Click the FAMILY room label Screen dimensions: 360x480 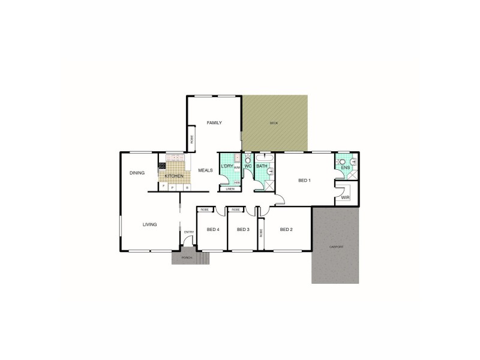click(x=214, y=122)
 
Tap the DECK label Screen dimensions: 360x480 click(x=274, y=123)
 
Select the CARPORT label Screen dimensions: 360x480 click(x=335, y=247)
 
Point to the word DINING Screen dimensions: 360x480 click(x=137, y=173)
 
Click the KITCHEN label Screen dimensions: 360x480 click(x=173, y=176)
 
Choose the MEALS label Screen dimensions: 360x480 click(x=206, y=170)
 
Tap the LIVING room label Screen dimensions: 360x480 click(x=149, y=225)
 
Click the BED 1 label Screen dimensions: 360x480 click(x=304, y=181)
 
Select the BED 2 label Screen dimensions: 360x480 click(x=286, y=229)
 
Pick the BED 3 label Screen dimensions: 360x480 click(x=242, y=229)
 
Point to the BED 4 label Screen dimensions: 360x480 click(x=212, y=229)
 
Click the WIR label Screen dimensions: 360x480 click(x=344, y=197)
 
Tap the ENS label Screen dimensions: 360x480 click(x=345, y=168)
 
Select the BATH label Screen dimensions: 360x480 click(x=262, y=166)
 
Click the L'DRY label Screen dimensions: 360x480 click(x=227, y=166)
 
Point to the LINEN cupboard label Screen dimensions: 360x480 click(x=229, y=190)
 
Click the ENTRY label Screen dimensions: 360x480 click(x=188, y=232)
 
